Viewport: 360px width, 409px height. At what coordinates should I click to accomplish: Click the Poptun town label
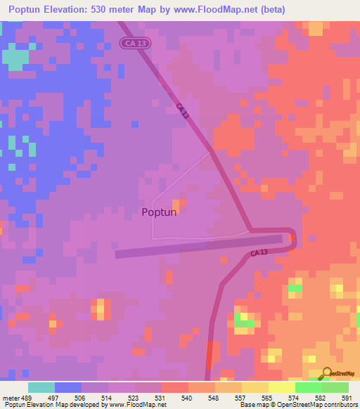(159, 212)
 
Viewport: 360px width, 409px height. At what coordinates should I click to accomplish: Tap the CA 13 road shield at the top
(134, 44)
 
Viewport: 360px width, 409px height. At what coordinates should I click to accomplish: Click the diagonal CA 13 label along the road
(183, 111)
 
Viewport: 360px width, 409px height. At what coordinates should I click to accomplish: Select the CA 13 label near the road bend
(259, 253)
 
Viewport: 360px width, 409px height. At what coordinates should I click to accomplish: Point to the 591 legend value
(346, 398)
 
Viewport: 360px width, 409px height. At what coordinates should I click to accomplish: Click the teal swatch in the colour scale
(41, 387)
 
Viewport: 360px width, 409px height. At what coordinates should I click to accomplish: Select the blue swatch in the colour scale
(68, 387)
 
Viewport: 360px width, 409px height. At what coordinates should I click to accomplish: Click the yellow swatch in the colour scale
(282, 387)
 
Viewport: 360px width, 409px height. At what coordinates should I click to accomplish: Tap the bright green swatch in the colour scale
(309, 387)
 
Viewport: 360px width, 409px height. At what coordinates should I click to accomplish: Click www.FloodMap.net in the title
(217, 10)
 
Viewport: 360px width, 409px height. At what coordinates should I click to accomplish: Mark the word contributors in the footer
(336, 405)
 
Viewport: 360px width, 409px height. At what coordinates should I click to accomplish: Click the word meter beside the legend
(9, 398)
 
